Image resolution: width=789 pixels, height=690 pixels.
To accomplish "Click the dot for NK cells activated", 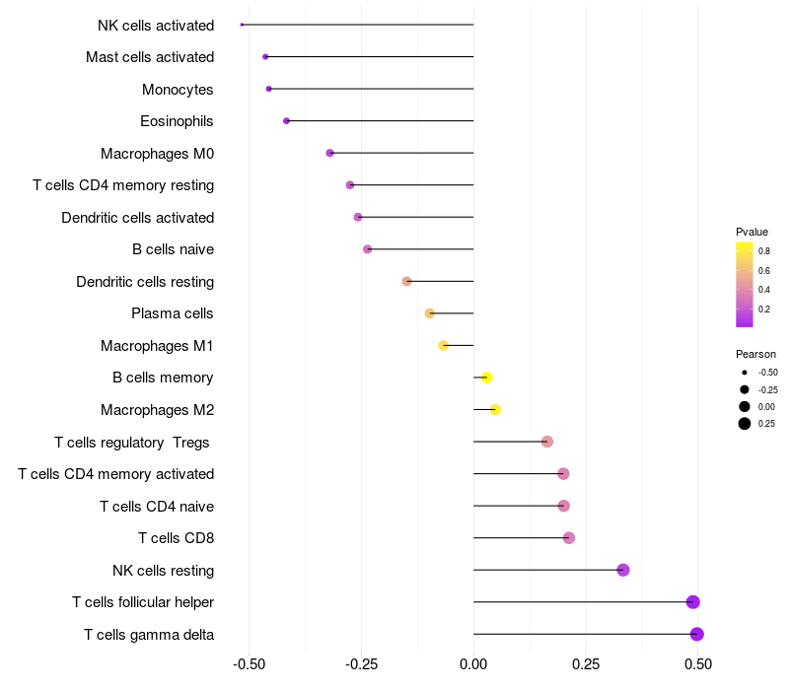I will [x=242, y=25].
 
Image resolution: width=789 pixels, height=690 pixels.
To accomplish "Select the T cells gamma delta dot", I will [x=697, y=634].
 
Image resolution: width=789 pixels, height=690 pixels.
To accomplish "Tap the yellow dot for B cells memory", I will [x=486, y=378].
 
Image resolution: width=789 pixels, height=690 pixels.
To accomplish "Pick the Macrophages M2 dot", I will [x=495, y=410].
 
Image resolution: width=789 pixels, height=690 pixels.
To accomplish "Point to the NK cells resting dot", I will [x=622, y=570].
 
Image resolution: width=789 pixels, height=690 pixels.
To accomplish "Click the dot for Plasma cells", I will [x=429, y=313].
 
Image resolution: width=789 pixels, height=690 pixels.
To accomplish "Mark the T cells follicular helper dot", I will [x=692, y=602].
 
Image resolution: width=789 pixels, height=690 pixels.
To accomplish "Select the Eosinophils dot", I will [x=286, y=121].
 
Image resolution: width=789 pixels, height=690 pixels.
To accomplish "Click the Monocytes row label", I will [x=178, y=90].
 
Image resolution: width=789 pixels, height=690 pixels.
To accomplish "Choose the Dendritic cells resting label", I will [x=145, y=282].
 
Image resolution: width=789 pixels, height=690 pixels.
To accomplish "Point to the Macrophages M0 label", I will [x=157, y=154].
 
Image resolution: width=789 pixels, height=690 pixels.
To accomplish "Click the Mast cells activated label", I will [x=150, y=57].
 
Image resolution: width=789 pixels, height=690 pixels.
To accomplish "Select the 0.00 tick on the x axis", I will [x=473, y=665].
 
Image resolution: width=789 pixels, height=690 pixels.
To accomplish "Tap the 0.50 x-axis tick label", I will [x=698, y=665].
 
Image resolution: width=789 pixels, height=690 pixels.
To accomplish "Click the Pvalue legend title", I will [x=752, y=232].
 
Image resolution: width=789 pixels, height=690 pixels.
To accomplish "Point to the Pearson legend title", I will [x=755, y=354].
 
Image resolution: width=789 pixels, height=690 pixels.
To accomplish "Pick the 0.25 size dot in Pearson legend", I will [x=745, y=424].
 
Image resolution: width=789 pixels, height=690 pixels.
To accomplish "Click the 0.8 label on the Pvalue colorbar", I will [x=764, y=251].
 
